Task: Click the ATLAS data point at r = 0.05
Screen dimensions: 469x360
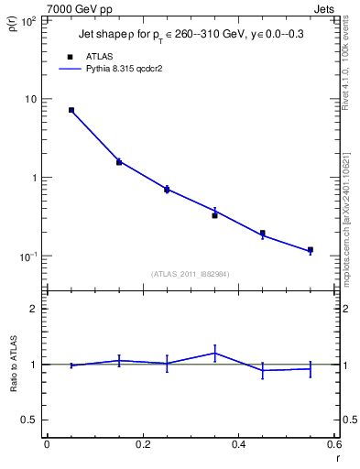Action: (x=71, y=110)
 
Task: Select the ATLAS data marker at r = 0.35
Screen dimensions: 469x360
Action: (x=214, y=215)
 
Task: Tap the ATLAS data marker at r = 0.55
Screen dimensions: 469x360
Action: (x=311, y=250)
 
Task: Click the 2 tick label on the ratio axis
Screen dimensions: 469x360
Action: (x=32, y=310)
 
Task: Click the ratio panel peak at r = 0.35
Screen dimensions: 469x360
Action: (x=214, y=353)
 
